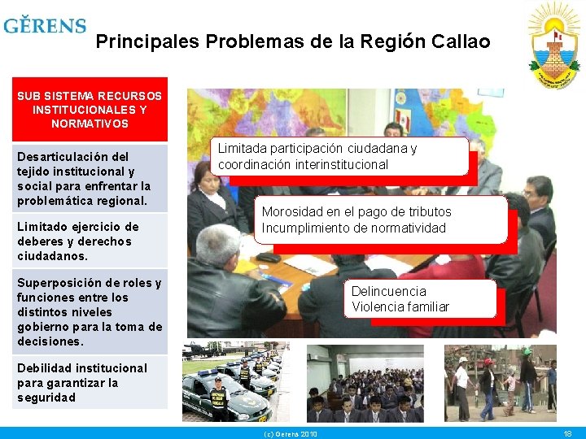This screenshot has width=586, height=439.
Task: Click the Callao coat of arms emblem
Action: click(x=554, y=40)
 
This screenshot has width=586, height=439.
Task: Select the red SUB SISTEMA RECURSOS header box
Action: click(x=90, y=109)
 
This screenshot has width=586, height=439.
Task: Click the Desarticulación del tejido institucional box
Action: click(x=90, y=178)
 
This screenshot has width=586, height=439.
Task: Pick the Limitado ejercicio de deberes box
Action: click(x=90, y=241)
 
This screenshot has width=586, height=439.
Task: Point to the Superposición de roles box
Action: click(x=90, y=312)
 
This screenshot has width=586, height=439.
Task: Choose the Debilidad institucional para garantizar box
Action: click(x=90, y=383)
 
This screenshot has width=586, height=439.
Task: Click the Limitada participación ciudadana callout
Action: click(x=341, y=156)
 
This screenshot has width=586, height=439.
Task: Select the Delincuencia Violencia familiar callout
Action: click(x=422, y=298)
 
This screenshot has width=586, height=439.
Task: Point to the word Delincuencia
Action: click(x=388, y=291)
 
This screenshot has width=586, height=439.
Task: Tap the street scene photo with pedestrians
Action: click(x=500, y=382)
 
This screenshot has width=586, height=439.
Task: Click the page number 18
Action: click(x=567, y=434)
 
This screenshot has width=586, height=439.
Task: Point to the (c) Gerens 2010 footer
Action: click(x=291, y=434)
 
